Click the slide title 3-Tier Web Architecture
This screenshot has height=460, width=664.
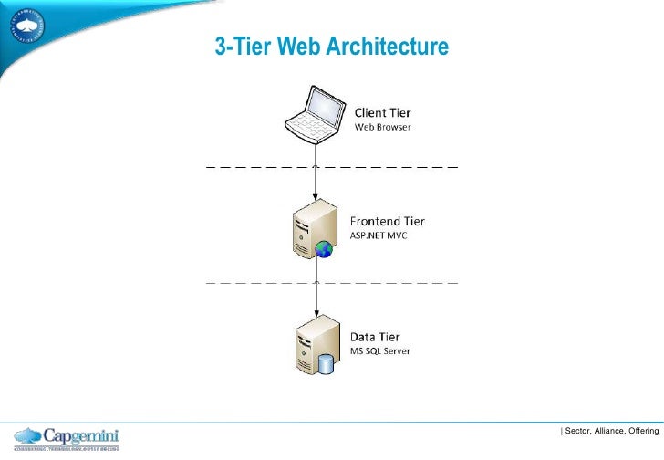[331, 45]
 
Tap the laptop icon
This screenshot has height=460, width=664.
[315, 113]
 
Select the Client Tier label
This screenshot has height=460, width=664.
[381, 112]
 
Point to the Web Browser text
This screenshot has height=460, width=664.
[382, 127]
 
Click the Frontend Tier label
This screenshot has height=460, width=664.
[388, 221]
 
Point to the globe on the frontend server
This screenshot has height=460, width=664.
[323, 249]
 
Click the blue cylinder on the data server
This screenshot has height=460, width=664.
[326, 364]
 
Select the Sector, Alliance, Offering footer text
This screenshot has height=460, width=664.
[609, 430]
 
